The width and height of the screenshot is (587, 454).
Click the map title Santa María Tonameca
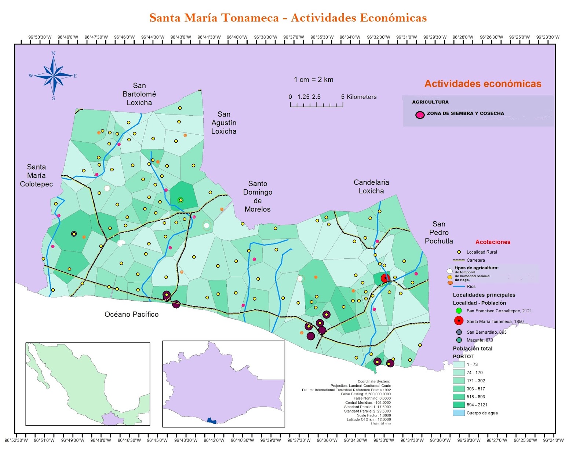tap(288, 18)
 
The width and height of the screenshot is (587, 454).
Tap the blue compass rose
tap(54, 76)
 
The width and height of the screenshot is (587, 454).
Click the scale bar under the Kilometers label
tap(316, 105)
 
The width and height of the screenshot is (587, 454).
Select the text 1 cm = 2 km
tap(313, 80)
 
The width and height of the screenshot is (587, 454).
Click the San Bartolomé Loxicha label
tap(139, 94)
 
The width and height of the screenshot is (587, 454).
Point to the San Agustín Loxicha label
tap(224, 123)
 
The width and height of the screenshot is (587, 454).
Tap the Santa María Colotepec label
tap(36, 175)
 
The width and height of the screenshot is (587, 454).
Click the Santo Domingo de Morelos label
tap(258, 196)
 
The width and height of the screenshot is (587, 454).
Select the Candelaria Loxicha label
tap(371, 186)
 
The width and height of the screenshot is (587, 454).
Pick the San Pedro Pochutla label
tap(439, 232)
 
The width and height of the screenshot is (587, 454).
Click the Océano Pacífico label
tap(131, 314)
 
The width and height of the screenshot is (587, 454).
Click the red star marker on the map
tap(385, 278)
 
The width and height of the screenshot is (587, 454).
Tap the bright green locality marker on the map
tap(180, 200)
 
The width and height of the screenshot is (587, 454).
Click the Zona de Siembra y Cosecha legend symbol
tap(420, 115)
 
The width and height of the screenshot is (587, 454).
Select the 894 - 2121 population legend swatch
tap(459, 405)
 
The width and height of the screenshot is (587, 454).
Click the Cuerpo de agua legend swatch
tap(459, 413)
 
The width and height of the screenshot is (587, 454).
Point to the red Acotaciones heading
tap(493, 242)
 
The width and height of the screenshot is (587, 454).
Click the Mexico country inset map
tap(88, 384)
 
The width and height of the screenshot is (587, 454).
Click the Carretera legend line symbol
tap(459, 260)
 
